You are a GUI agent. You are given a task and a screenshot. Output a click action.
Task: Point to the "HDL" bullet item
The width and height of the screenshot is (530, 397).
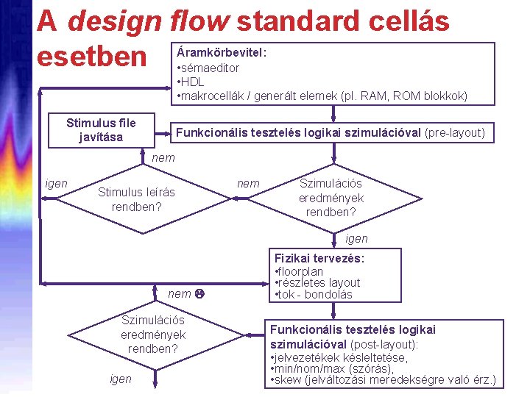193,82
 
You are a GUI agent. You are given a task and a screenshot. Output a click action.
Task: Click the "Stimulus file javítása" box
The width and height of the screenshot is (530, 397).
101,130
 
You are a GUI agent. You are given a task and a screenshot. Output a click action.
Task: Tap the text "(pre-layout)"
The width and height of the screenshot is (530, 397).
455,133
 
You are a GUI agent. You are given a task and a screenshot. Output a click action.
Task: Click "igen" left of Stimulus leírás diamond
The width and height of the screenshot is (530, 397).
57,183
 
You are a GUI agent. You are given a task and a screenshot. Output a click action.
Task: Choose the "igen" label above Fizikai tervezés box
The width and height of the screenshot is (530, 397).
356,239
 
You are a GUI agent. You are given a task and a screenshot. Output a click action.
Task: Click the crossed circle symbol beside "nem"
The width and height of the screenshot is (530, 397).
199,294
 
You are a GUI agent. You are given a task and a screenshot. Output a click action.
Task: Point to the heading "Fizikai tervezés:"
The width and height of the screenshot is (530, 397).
319,259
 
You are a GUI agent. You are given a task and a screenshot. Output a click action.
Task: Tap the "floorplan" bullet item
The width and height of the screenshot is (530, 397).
301,271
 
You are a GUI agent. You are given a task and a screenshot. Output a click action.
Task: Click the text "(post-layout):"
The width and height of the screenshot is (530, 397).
384,344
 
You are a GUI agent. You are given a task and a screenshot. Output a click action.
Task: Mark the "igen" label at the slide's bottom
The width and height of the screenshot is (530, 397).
120,379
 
